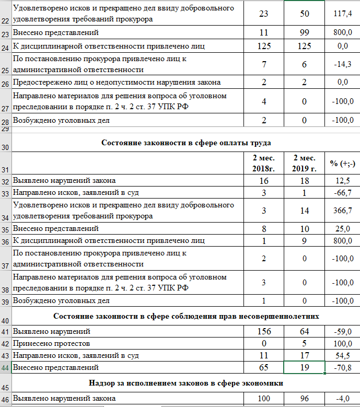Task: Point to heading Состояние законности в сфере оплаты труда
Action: (186, 142)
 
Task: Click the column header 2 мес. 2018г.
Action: (264, 162)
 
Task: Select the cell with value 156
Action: (264, 331)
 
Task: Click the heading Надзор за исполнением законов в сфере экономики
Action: (186, 383)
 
